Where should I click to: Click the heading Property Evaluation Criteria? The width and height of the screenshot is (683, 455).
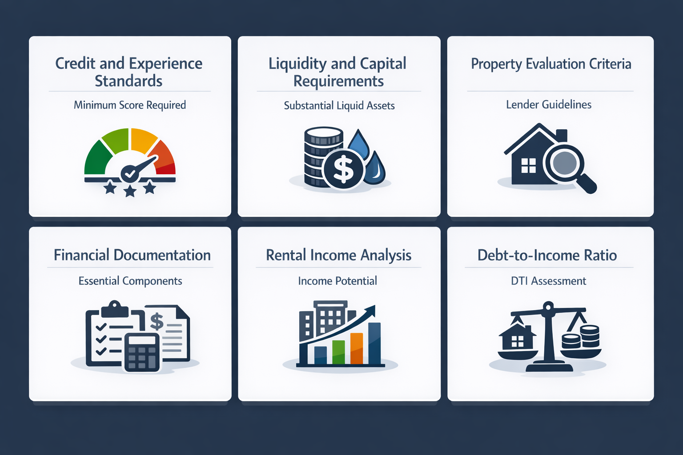pos(550,64)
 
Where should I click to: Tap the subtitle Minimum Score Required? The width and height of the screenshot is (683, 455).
pos(130,105)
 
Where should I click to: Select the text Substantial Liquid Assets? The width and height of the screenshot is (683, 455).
pos(339,106)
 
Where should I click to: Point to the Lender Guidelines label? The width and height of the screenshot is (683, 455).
pos(549,105)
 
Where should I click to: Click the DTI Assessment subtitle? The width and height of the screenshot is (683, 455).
pos(548,281)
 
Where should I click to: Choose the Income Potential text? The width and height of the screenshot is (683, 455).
pos(337,281)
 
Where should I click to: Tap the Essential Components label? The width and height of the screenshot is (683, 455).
pos(130,281)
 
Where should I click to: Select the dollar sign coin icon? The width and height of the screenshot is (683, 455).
pos(344,170)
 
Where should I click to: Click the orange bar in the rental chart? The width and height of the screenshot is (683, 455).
pos(357,348)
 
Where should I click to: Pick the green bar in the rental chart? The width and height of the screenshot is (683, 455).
pos(338,352)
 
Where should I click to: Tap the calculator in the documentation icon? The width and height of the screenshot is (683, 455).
pos(142,352)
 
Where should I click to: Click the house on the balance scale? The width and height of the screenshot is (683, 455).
pos(517,338)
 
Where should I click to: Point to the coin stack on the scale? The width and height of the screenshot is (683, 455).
pos(581,338)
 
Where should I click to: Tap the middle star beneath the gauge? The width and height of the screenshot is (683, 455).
pos(130,191)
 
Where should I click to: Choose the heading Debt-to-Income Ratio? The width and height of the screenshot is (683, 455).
pos(547,255)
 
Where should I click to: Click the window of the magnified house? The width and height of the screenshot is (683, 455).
pos(528,166)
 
